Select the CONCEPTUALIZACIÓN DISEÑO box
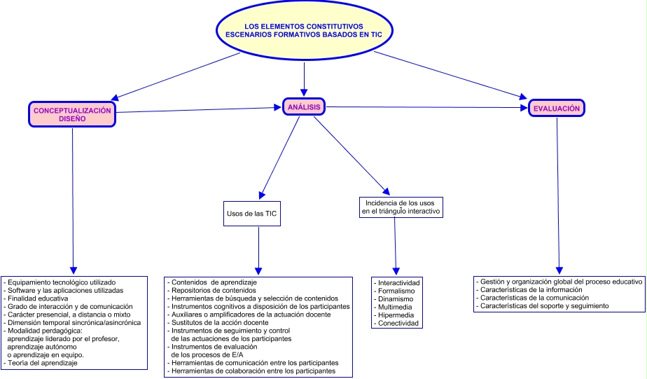click(x=72, y=114)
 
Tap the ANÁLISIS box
click(x=304, y=107)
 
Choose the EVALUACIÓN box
click(x=557, y=109)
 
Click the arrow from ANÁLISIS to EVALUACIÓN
click(x=427, y=107)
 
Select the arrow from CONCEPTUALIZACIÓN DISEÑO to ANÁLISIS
click(x=196, y=109)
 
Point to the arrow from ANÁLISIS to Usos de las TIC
click(x=280, y=155)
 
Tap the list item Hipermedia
click(x=395, y=315)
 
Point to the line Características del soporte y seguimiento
click(x=543, y=305)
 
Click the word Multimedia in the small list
click(x=395, y=307)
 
